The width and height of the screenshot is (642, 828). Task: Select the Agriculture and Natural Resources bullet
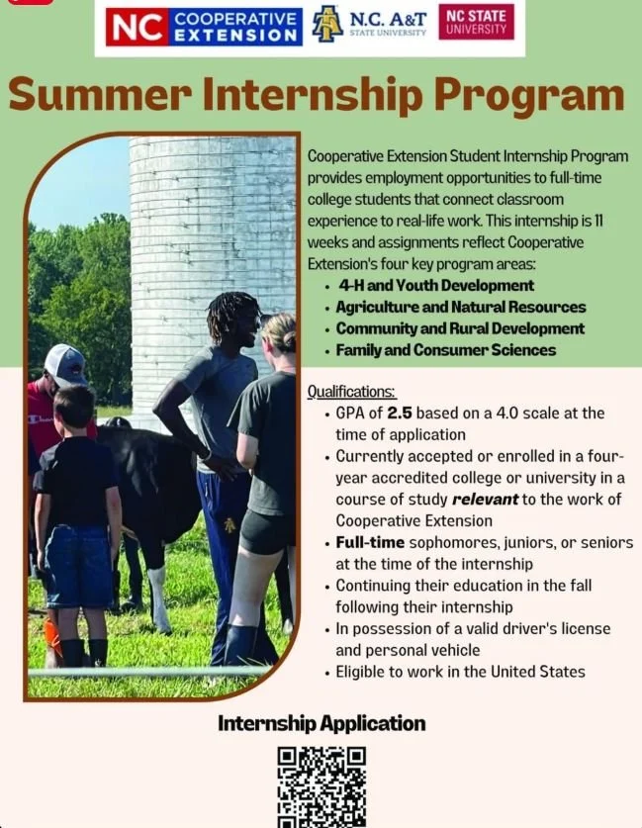click(x=461, y=308)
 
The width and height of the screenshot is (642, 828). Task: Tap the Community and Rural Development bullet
click(x=460, y=328)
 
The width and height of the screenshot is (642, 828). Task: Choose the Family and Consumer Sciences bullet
click(x=446, y=350)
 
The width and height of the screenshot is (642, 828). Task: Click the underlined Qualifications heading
click(x=351, y=392)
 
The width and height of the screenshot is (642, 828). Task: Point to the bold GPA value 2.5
click(x=400, y=413)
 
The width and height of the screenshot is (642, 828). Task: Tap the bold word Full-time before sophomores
click(x=368, y=542)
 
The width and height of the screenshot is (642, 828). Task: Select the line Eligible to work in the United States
click(x=460, y=672)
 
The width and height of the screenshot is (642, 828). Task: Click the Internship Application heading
click(x=321, y=723)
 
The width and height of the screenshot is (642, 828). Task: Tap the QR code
click(x=321, y=786)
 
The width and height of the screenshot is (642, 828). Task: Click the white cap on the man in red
click(x=65, y=363)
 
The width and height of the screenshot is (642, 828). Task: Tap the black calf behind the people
click(x=148, y=485)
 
